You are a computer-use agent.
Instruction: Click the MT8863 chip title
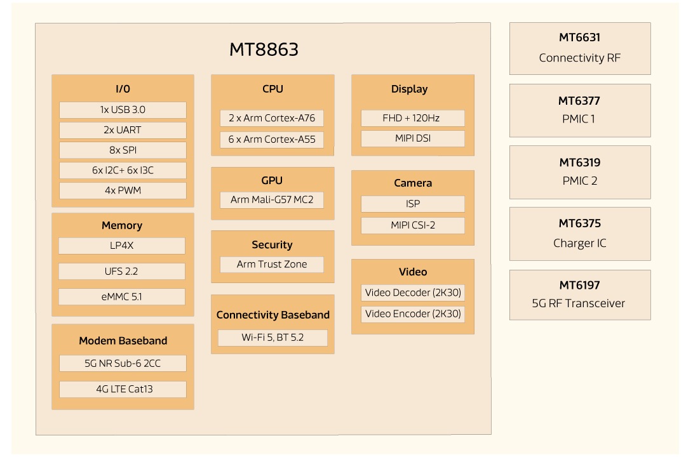click(x=264, y=50)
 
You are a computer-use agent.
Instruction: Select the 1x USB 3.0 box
click(x=123, y=110)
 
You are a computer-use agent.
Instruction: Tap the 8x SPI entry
click(x=123, y=150)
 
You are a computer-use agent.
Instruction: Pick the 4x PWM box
click(x=123, y=190)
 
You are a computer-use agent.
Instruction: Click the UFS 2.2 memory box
click(x=121, y=271)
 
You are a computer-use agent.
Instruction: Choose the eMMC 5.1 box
click(x=121, y=296)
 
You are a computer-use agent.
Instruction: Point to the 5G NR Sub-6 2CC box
click(x=123, y=363)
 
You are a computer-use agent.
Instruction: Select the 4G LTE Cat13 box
click(x=123, y=389)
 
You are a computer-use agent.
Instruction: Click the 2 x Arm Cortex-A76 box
click(x=272, y=118)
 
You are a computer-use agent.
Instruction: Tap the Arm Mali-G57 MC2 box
click(x=272, y=200)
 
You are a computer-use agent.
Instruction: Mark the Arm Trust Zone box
click(x=272, y=264)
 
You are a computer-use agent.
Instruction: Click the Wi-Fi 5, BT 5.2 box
click(x=272, y=338)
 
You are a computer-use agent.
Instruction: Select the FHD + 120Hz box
click(x=412, y=118)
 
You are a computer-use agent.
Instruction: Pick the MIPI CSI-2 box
click(x=412, y=225)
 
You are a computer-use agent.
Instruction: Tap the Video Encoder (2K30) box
click(x=412, y=314)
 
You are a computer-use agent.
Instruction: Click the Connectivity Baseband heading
click(x=272, y=315)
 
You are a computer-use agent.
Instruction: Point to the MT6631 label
click(x=579, y=38)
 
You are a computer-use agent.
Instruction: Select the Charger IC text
click(x=579, y=243)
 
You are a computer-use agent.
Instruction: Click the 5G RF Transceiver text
click(x=579, y=303)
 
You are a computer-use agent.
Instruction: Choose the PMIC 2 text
click(x=579, y=181)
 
